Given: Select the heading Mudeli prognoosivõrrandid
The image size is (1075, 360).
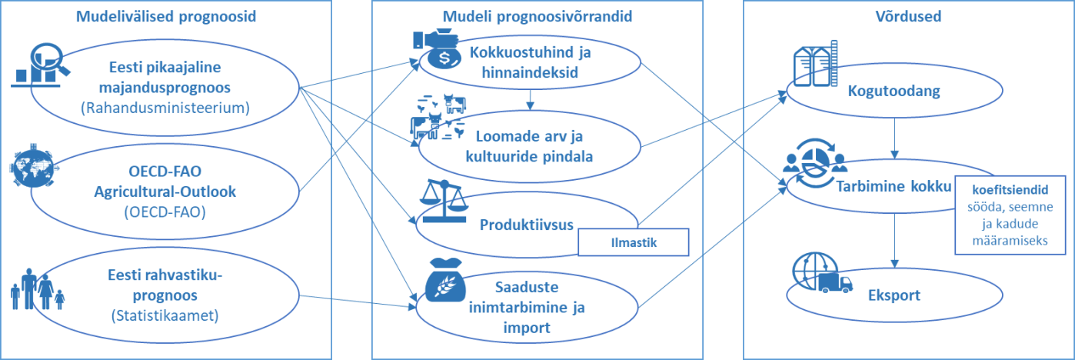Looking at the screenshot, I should pyautogui.click(x=537, y=15).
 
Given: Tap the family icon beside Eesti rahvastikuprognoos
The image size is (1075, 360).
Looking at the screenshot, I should pyautogui.click(x=38, y=289).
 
